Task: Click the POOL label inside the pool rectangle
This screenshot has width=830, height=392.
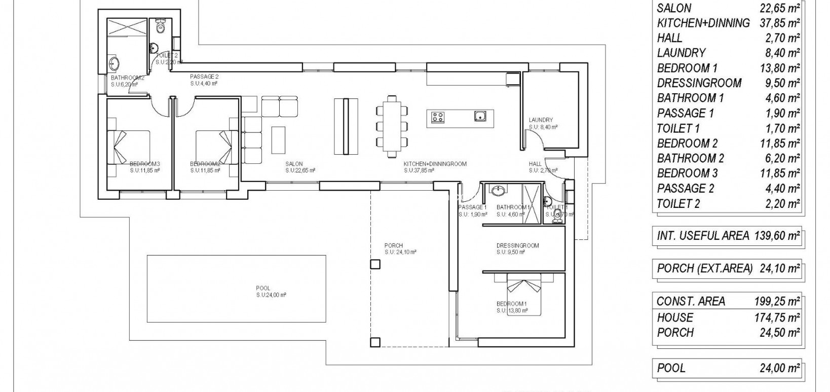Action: point(263,288)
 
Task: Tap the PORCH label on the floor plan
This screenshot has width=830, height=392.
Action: point(393,245)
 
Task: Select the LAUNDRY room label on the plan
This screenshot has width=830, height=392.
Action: point(540,120)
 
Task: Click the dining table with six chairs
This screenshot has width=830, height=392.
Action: point(392,127)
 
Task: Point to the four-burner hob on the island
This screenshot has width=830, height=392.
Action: point(438,118)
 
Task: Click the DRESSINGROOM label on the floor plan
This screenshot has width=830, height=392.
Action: point(517,245)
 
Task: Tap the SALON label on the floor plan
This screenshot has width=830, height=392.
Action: point(294,164)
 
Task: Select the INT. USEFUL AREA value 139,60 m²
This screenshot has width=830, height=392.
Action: point(780,235)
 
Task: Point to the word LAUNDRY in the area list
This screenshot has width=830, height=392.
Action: point(681,53)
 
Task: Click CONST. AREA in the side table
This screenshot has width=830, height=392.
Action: point(691,301)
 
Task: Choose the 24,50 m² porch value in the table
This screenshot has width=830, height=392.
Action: point(780,333)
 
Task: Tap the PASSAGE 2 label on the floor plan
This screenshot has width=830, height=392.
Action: point(204,77)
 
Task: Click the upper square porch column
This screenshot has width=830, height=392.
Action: point(375,264)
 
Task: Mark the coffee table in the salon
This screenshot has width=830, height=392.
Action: point(278,139)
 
